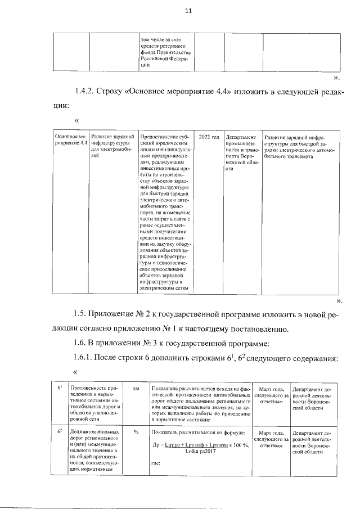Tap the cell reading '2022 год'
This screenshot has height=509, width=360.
tap(209, 137)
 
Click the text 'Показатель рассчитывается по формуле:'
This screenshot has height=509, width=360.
tap(198, 432)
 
